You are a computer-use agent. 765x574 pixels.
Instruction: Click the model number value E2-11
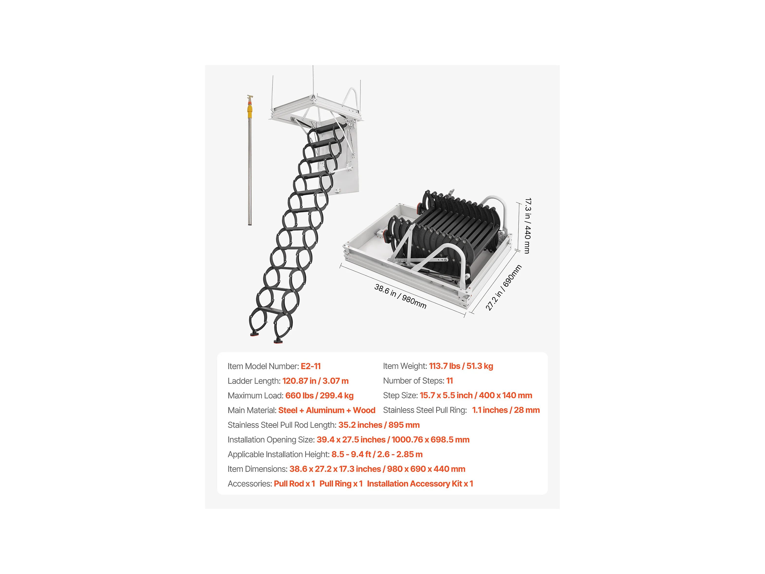(311, 366)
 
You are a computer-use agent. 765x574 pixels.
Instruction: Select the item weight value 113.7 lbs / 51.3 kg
(461, 366)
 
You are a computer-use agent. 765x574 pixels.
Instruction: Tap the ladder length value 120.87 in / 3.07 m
(315, 381)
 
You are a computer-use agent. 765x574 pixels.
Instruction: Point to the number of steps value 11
(449, 381)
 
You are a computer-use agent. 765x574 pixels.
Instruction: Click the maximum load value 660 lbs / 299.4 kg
(319, 395)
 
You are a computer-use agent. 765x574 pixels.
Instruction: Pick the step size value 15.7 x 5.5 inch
(446, 395)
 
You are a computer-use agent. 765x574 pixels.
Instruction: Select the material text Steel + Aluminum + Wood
(327, 410)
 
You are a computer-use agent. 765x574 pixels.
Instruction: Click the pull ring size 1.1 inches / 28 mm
(506, 410)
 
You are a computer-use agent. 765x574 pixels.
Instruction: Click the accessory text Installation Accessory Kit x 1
(420, 484)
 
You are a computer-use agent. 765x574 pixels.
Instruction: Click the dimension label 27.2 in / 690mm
(504, 288)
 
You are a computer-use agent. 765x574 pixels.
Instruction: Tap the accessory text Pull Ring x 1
(341, 484)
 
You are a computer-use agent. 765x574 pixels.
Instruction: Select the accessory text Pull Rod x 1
(294, 484)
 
